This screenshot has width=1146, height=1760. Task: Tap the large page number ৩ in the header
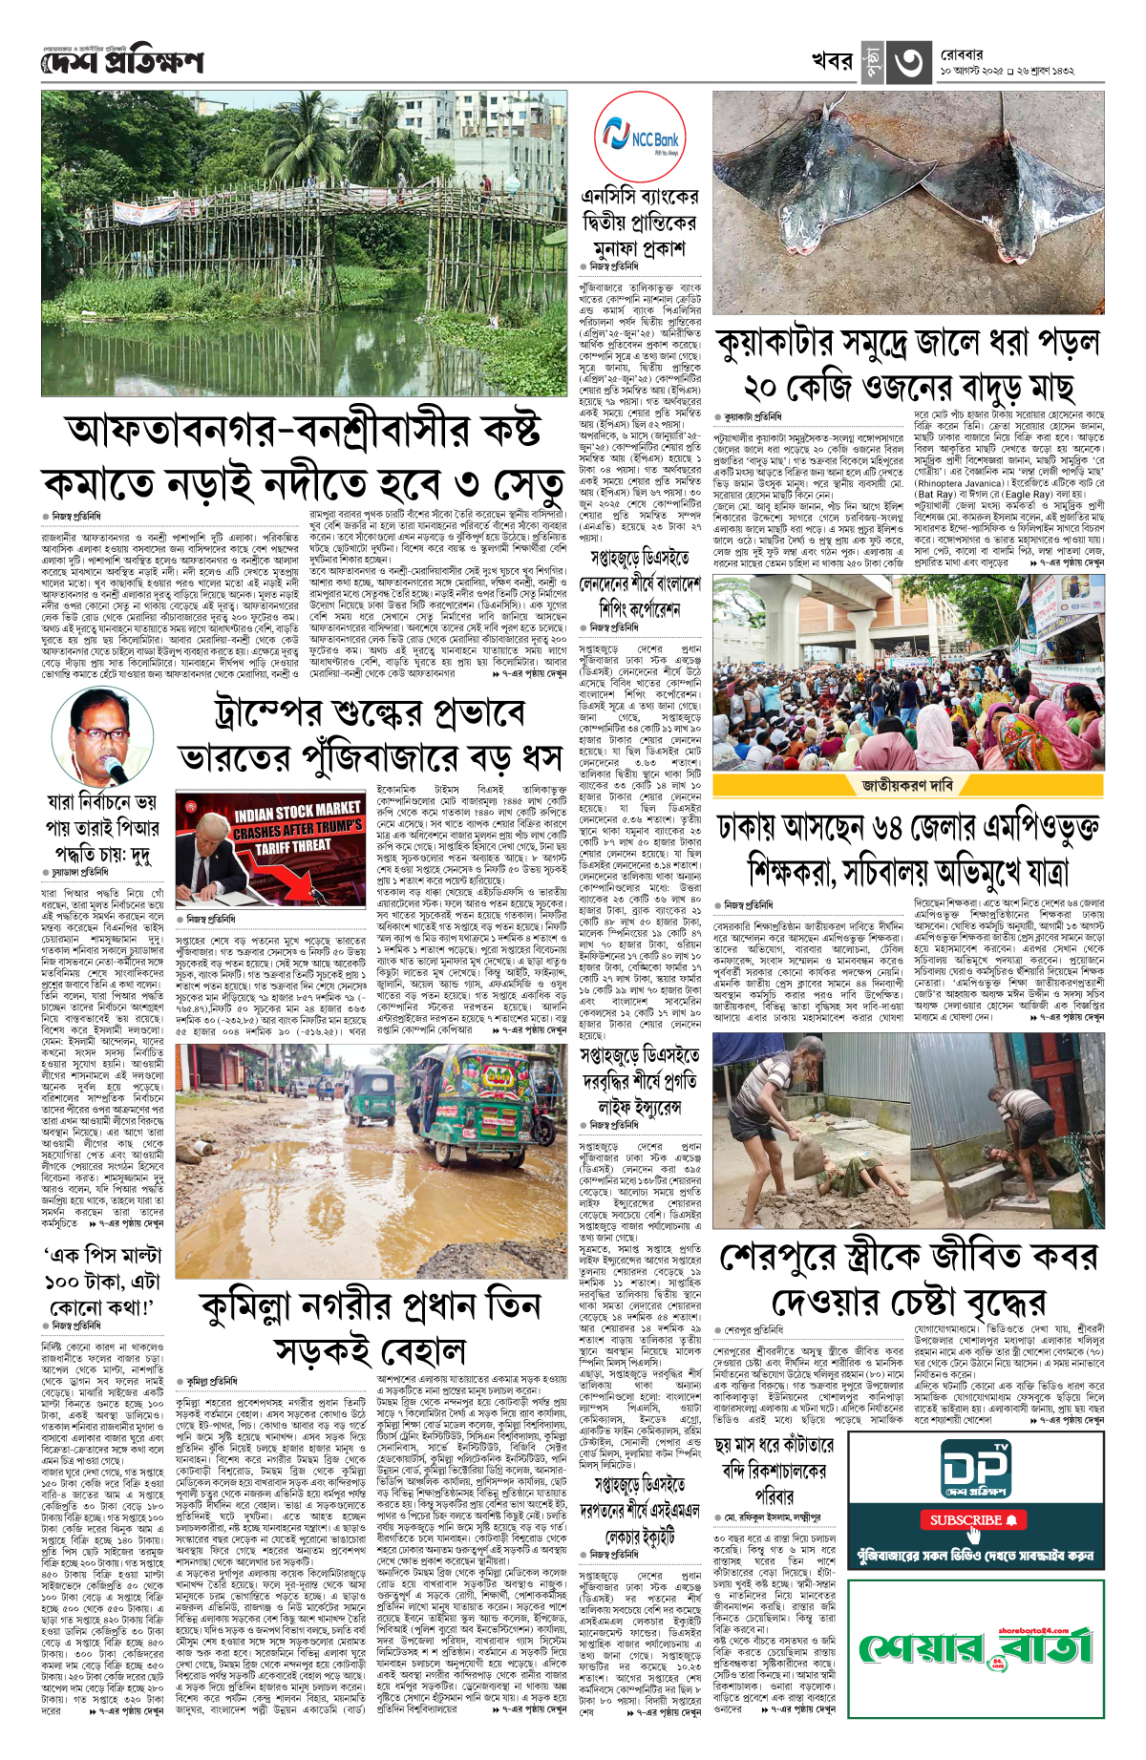907,62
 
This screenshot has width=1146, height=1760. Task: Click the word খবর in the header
831,61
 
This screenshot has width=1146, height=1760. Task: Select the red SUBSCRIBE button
972,1519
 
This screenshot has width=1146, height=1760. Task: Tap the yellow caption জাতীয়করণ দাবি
907,785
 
